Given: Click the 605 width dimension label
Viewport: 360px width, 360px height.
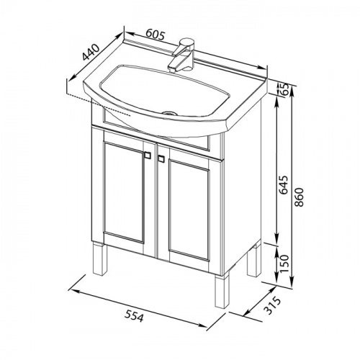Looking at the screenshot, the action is [x=156, y=35].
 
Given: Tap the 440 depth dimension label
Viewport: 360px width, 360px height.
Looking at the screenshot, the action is [x=91, y=52].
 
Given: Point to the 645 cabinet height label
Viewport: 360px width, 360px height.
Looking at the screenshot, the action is [x=283, y=185].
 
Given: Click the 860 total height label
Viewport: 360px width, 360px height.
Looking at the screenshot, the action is [x=300, y=197].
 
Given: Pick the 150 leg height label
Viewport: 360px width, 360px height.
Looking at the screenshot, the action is [x=284, y=264].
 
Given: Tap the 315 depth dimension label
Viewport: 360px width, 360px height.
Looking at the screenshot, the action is [x=272, y=305].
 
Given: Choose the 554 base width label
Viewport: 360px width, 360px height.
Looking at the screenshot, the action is [x=135, y=316].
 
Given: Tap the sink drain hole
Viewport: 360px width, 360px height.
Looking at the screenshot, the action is [x=170, y=112].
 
